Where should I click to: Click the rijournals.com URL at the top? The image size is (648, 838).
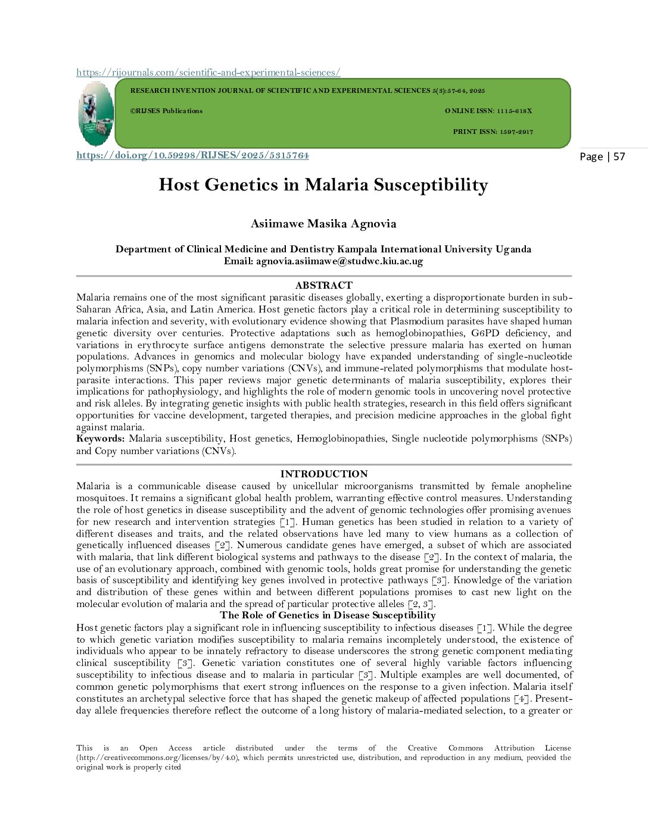(208, 72)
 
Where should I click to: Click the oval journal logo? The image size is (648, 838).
(95, 114)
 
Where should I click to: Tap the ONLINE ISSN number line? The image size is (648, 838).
(488, 111)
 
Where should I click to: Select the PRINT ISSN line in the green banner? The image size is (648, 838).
(493, 132)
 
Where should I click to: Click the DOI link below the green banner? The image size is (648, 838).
(192, 155)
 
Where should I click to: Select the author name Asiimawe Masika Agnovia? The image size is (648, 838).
(323, 224)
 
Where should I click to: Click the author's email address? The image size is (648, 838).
(339, 261)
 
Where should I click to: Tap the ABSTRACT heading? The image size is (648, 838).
(323, 285)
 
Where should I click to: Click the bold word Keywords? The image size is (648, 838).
(100, 439)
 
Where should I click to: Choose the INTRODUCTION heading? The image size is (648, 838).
(323, 474)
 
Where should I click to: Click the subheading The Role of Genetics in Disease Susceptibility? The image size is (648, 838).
(328, 615)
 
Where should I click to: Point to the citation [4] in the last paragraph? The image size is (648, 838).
(520, 698)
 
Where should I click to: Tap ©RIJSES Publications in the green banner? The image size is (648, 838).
(166, 111)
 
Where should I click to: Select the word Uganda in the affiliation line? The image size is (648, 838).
(513, 249)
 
